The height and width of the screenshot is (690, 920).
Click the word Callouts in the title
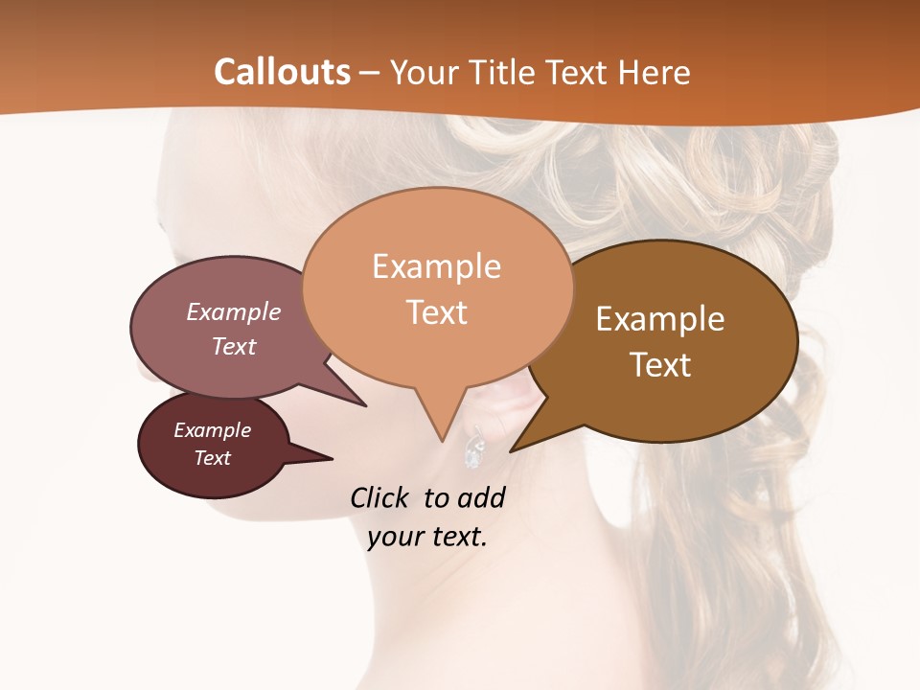[282, 72]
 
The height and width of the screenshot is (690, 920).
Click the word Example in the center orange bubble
[436, 266]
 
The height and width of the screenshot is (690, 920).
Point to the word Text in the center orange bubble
[437, 312]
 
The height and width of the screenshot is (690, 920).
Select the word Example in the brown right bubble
[660, 319]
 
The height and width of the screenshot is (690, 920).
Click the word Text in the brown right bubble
[660, 364]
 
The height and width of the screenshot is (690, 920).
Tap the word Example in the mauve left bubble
[234, 312]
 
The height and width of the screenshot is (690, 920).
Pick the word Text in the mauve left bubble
[234, 346]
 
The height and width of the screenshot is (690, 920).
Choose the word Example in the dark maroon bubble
[212, 430]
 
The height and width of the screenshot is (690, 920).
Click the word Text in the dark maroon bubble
[212, 458]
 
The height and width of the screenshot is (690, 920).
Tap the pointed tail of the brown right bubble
[517, 445]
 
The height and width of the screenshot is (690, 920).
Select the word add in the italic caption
[481, 497]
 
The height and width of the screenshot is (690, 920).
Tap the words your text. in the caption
[427, 537]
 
